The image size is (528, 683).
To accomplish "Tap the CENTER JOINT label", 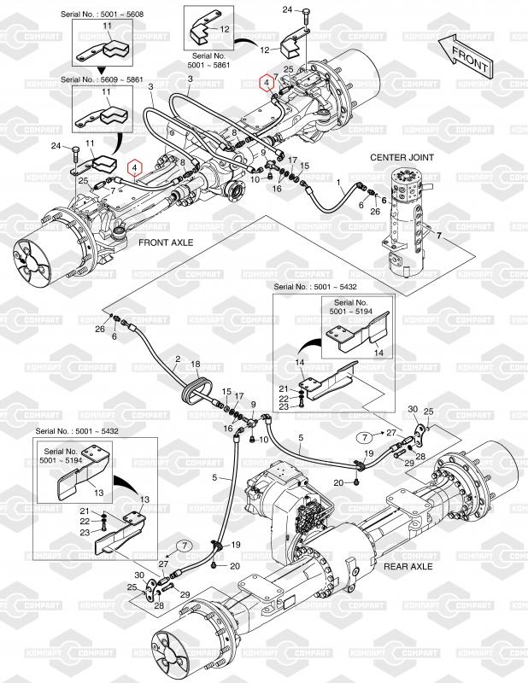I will (402, 158).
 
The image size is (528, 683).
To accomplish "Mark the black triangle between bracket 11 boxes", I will (100, 67).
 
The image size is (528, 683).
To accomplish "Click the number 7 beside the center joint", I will (438, 234).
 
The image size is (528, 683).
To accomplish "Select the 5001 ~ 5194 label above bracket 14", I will (350, 312).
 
